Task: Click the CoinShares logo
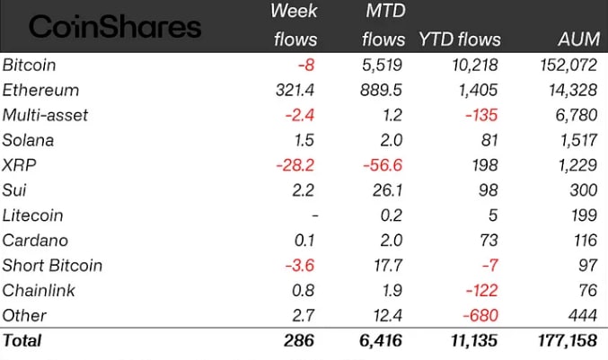[x=115, y=26]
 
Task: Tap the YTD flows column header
[x=459, y=40]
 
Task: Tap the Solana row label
[x=29, y=141]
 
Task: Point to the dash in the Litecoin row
[x=310, y=215]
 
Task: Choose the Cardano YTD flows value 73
[x=490, y=241]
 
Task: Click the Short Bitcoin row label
[x=52, y=266]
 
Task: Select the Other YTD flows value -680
[x=481, y=315]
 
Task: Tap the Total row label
[x=22, y=341]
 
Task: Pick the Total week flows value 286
[x=300, y=341]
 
